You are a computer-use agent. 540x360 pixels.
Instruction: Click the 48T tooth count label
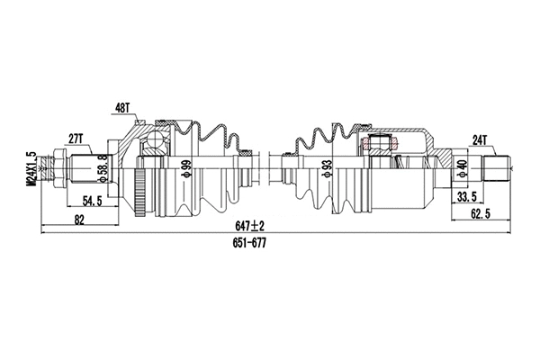[x=122, y=108]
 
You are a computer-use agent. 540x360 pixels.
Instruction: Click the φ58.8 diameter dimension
[x=103, y=168]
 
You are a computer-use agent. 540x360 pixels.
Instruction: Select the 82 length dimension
[x=80, y=220]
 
